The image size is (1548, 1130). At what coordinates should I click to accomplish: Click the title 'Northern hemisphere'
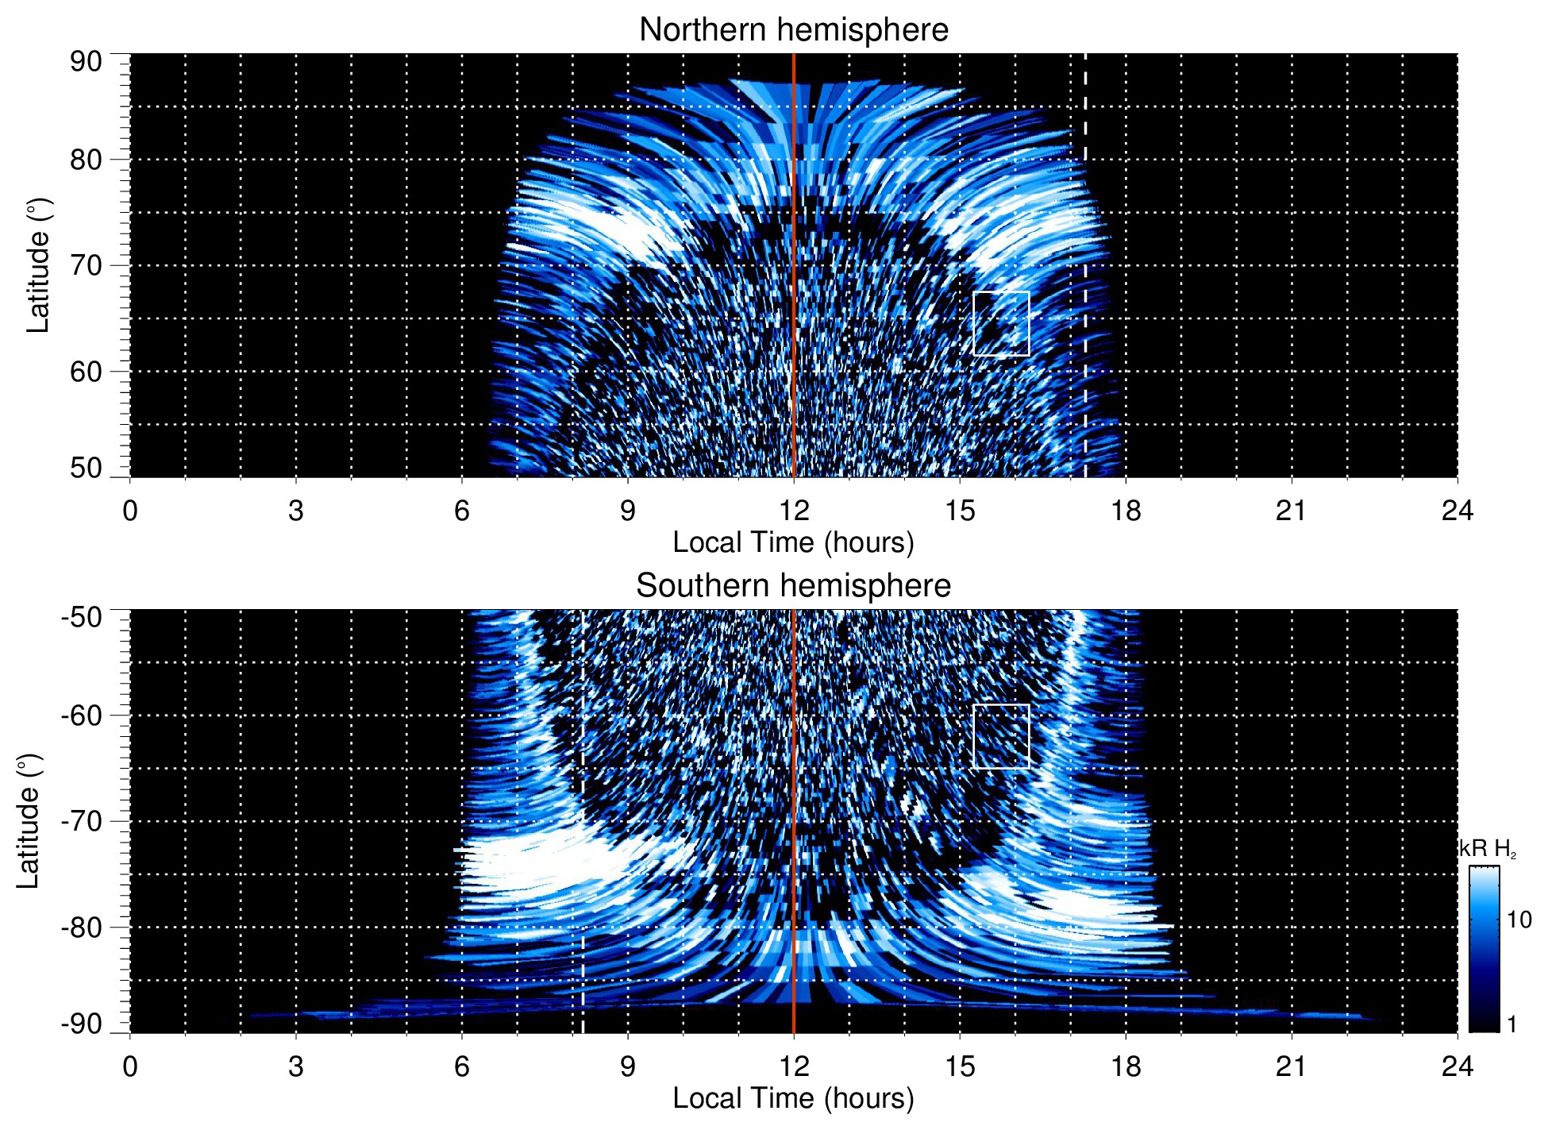pyautogui.click(x=793, y=30)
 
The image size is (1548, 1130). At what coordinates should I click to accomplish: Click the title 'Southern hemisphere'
pyautogui.click(x=793, y=586)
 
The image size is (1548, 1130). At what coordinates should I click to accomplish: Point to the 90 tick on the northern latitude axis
pyautogui.click(x=86, y=62)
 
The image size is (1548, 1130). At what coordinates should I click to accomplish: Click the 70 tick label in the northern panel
pyautogui.click(x=86, y=265)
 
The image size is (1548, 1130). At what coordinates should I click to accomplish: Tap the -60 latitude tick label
pyautogui.click(x=82, y=715)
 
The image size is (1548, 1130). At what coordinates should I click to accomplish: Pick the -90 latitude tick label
pyautogui.click(x=82, y=1024)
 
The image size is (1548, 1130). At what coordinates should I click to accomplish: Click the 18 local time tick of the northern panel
pyautogui.click(x=1126, y=511)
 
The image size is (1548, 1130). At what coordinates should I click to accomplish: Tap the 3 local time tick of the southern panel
pyautogui.click(x=296, y=1066)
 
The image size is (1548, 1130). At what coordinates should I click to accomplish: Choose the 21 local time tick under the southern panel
pyautogui.click(x=1292, y=1066)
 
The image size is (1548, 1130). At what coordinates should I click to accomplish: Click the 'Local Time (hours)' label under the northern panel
pyautogui.click(x=793, y=543)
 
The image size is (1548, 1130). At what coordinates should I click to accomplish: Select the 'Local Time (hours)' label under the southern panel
pyautogui.click(x=793, y=1099)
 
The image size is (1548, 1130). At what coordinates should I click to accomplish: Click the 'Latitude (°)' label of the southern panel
pyautogui.click(x=29, y=821)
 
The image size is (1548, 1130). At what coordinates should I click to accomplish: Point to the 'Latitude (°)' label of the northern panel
pyautogui.click(x=38, y=265)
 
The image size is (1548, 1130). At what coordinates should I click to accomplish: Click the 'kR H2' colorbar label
pyautogui.click(x=1488, y=849)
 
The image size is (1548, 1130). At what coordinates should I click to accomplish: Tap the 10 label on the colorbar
pyautogui.click(x=1519, y=920)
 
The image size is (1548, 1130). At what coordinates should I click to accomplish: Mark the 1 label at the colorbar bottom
pyautogui.click(x=1511, y=1024)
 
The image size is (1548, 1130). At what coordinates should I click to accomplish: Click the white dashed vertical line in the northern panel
pyautogui.click(x=1085, y=238)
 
